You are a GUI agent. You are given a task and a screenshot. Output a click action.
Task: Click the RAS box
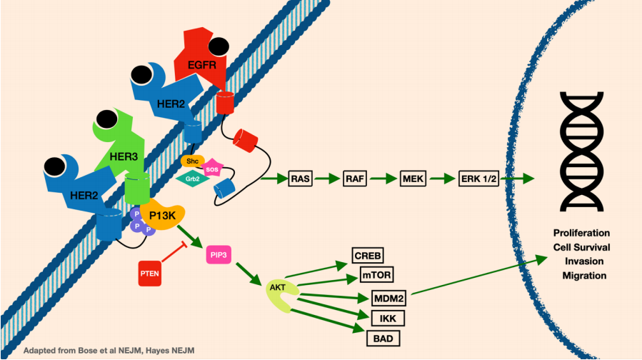coord(300,179)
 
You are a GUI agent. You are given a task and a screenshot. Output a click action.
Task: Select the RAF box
coord(355,179)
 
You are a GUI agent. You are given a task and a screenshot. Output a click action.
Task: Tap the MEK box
coord(413,179)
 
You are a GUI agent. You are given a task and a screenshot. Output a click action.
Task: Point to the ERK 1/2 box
coord(478,179)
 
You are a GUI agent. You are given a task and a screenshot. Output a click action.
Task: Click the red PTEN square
coord(149,273)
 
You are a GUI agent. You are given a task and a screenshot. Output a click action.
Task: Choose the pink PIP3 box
coord(219,255)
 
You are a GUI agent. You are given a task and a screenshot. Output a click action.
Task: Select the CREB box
coord(368,256)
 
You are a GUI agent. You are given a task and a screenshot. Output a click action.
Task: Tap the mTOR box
coord(376,274)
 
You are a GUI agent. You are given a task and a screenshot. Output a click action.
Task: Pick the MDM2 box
coord(388,298)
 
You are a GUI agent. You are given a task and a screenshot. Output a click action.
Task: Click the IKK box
coord(388,319)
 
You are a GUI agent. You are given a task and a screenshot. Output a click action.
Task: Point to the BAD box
coord(383,339)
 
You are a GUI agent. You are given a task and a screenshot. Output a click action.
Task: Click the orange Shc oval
coord(192,161)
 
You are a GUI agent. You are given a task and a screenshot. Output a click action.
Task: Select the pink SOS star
coord(212,168)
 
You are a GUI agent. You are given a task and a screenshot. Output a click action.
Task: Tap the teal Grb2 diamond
coord(192,179)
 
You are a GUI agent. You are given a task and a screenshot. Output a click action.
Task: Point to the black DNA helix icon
coord(581,151)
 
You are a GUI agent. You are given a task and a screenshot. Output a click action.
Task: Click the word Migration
coord(584,275)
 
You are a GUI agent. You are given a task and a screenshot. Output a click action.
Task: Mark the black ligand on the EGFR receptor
coord(219,46)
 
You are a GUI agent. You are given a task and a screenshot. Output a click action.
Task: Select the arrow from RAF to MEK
coord(383,179)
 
